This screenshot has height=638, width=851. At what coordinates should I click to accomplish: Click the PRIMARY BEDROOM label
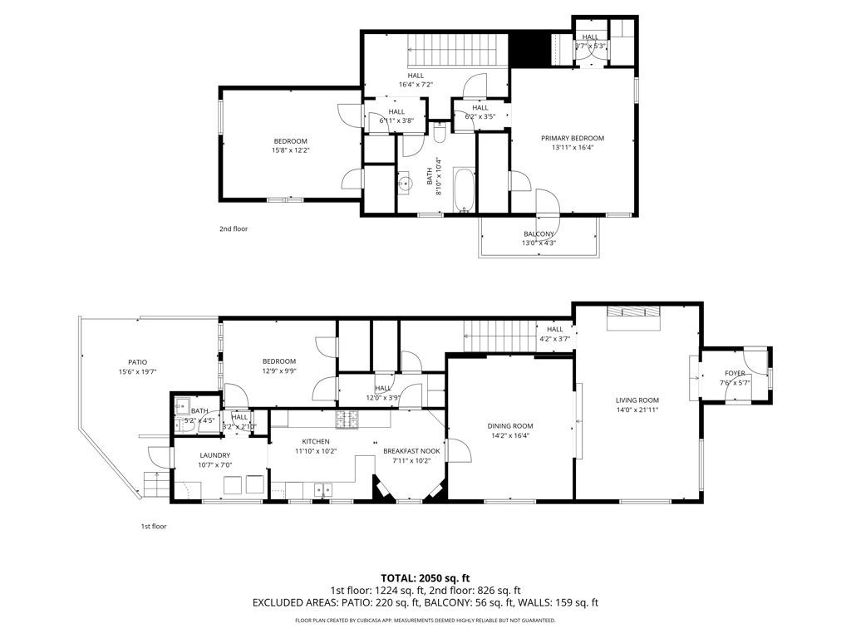point(573,138)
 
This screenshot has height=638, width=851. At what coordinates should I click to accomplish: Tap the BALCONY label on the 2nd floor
point(539,233)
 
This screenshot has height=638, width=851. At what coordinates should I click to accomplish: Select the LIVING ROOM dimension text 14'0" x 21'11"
point(637,410)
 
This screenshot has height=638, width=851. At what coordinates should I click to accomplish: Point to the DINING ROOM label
point(509,425)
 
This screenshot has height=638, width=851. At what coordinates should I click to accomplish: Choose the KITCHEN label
point(316,441)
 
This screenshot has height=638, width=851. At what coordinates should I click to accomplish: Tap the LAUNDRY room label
point(214,455)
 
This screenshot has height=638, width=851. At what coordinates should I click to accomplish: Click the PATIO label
point(137,362)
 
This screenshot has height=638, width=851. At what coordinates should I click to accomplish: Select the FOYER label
point(735,373)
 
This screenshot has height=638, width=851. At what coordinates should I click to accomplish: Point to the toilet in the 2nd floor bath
point(440,133)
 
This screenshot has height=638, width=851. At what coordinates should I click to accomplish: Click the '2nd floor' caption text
point(234,228)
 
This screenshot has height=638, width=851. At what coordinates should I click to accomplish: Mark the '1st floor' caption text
point(153,526)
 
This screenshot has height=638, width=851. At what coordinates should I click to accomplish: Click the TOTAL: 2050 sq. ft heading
point(425,577)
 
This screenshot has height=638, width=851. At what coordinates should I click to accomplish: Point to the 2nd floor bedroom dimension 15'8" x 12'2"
point(290,150)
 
